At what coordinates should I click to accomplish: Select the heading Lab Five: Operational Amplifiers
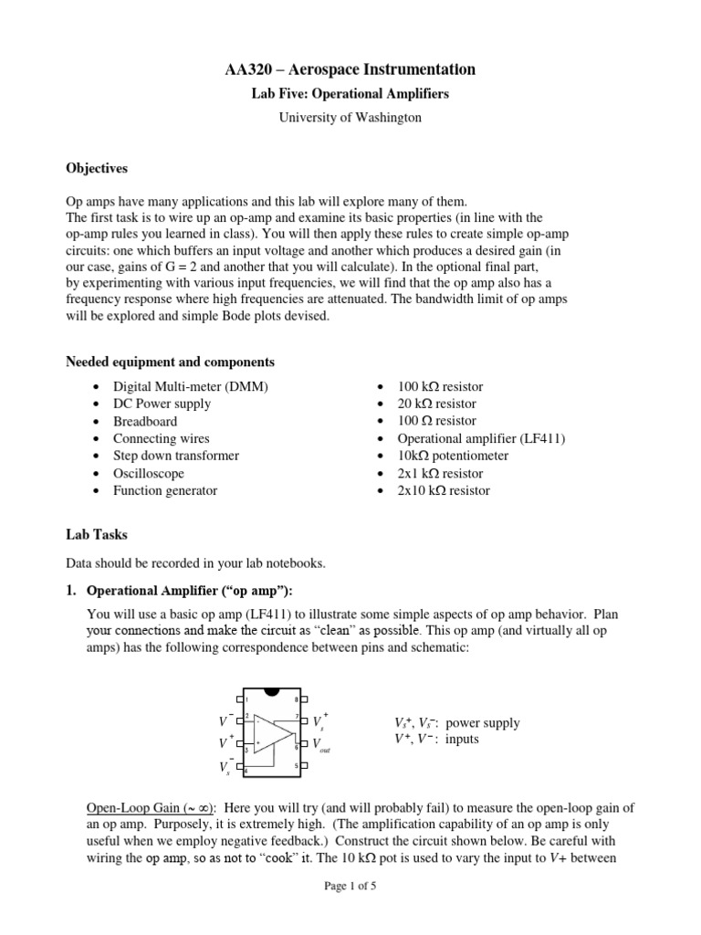click(350, 94)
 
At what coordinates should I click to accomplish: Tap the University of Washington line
click(350, 118)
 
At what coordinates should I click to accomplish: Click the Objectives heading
click(97, 169)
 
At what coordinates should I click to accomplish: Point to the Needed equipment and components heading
click(170, 362)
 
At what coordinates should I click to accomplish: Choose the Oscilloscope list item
click(148, 473)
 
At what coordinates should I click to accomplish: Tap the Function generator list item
click(165, 490)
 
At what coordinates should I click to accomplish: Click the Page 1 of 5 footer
click(350, 912)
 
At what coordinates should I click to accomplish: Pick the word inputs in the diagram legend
click(462, 740)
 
